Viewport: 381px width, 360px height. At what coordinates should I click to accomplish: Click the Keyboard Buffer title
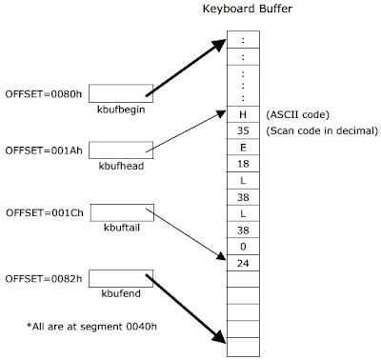(x=248, y=9)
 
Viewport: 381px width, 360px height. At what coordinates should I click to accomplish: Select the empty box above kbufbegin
(x=121, y=93)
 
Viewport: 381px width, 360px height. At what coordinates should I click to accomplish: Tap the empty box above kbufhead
(x=121, y=150)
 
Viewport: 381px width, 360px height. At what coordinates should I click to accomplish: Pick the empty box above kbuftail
(x=122, y=212)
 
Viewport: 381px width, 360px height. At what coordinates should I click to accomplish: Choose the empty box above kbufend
(x=121, y=278)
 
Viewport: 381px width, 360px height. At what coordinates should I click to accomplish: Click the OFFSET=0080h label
(x=44, y=94)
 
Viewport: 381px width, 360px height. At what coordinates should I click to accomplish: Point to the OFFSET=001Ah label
(x=44, y=150)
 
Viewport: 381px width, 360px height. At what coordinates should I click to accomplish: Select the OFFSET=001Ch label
(x=45, y=212)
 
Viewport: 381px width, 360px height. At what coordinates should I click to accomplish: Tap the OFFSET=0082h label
(x=44, y=279)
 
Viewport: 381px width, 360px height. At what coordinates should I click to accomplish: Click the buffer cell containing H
(x=243, y=114)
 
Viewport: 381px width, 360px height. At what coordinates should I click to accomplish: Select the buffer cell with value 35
(x=243, y=130)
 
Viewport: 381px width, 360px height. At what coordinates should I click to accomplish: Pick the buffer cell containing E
(x=243, y=148)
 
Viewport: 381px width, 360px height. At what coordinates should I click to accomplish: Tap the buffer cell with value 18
(x=243, y=164)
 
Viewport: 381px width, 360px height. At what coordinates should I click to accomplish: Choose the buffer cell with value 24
(x=243, y=263)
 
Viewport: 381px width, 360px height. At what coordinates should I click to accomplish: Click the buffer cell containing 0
(x=243, y=247)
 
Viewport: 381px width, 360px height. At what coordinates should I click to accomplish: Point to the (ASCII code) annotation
(x=297, y=114)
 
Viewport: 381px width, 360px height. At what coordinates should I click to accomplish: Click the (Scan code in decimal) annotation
(x=322, y=130)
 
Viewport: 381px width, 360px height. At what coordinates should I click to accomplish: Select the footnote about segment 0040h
(x=91, y=327)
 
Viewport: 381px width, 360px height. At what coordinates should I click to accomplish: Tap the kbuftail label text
(x=122, y=228)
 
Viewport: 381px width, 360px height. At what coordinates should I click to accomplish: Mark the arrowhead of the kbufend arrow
(x=220, y=336)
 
